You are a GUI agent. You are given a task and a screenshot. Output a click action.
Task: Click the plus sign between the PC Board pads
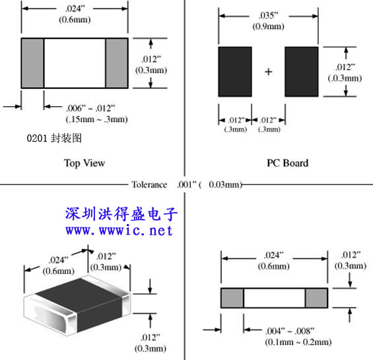tap(268, 72)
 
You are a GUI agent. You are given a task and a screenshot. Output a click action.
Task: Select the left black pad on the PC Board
tap(235, 72)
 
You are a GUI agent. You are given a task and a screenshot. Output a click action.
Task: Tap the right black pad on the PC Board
tap(302, 72)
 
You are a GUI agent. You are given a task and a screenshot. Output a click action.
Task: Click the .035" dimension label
tap(268, 15)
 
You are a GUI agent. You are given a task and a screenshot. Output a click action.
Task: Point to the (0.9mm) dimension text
tap(268, 26)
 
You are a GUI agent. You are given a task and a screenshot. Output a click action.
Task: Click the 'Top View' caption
tap(85, 163)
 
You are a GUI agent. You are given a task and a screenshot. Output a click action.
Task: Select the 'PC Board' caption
tap(287, 163)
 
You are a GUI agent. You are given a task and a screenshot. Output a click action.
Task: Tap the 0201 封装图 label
tap(54, 138)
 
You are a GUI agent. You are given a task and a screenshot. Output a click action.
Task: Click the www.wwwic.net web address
tap(119, 231)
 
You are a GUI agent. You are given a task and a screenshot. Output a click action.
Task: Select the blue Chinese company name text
tap(121, 214)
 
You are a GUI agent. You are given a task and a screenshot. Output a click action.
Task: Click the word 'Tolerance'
tap(149, 185)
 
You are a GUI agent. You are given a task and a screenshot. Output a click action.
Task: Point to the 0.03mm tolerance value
tap(224, 185)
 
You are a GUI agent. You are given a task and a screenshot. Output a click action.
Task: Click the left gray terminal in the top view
tap(32, 63)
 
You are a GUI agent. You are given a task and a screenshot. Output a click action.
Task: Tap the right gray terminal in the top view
tap(117, 63)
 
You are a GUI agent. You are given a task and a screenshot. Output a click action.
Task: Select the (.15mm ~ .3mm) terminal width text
tap(96, 119)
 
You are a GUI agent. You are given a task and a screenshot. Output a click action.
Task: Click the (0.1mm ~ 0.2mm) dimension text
tap(298, 342)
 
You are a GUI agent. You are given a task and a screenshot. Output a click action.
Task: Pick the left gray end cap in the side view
tap(232, 298)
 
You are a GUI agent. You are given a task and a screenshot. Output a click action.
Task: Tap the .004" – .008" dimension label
tap(290, 331)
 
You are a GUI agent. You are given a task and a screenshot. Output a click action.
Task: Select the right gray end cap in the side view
tap(316, 298)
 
